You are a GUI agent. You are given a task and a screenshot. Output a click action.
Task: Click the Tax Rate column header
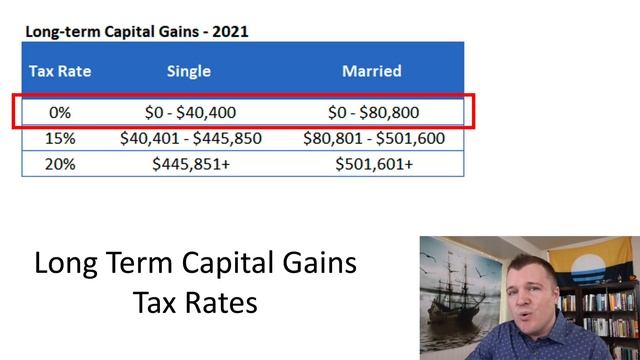pyautogui.click(x=53, y=71)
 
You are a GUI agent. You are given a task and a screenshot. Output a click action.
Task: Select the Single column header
pyautogui.click(x=190, y=71)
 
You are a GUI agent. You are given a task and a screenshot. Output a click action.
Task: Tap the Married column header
pyautogui.click(x=372, y=71)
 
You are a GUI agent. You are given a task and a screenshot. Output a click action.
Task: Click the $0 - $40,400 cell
pyautogui.click(x=190, y=113)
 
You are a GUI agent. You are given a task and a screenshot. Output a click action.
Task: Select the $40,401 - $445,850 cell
pyautogui.click(x=190, y=139)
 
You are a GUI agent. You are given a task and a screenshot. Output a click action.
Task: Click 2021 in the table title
pyautogui.click(x=230, y=31)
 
